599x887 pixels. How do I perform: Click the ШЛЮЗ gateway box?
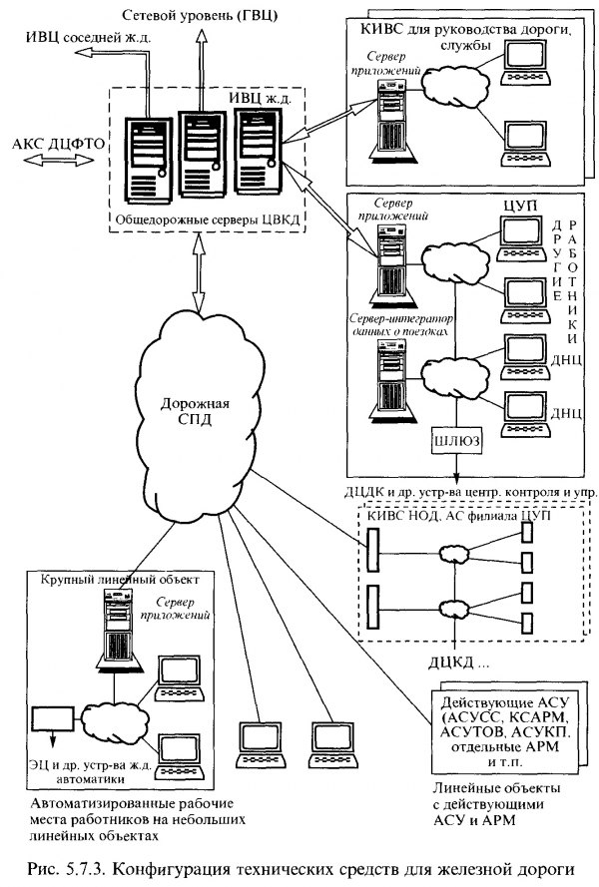click(x=455, y=440)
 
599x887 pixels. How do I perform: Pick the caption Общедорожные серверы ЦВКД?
click(x=208, y=217)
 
